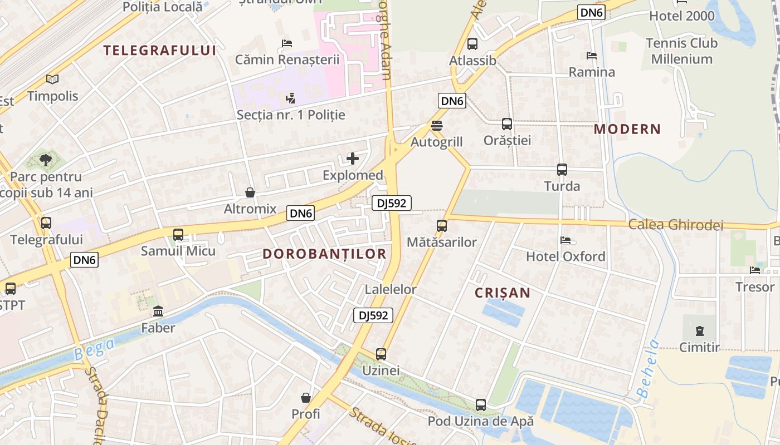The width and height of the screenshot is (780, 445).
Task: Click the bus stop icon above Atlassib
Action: click(472, 43)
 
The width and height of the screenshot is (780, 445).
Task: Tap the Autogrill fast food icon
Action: click(437, 126)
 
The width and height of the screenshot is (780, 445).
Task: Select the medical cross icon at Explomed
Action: click(353, 159)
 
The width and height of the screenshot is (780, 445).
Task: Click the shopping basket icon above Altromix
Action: click(250, 192)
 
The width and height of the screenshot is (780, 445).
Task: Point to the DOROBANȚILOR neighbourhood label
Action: click(324, 254)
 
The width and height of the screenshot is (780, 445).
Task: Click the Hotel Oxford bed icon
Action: click(565, 240)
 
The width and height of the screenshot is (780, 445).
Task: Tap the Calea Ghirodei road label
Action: click(675, 225)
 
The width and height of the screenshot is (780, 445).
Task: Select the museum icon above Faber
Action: click(158, 311)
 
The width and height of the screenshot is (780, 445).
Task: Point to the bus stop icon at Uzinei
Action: click(381, 354)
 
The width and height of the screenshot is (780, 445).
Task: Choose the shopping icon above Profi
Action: click(306, 398)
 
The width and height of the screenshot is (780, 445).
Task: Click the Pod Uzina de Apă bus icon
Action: click(481, 404)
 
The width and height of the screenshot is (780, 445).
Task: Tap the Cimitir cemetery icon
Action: click(699, 331)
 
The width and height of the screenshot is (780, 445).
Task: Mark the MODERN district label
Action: click(627, 129)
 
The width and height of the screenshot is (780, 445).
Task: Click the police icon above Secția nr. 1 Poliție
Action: click(290, 98)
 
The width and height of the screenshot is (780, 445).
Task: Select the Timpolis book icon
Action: click(52, 80)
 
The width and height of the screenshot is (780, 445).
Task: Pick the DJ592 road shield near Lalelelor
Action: click(373, 315)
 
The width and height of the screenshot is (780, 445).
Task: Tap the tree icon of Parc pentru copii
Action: click(46, 161)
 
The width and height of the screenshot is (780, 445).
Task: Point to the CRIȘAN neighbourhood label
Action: click(502, 293)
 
